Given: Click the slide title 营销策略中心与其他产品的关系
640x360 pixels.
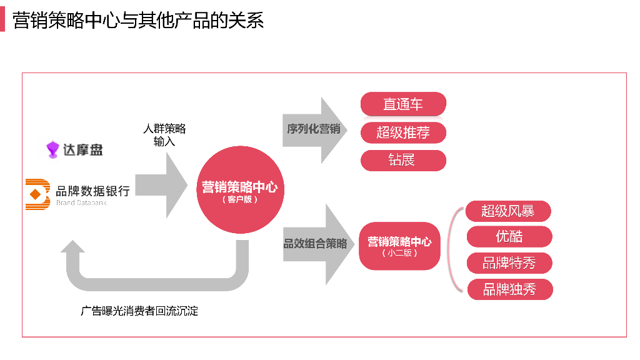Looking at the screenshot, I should point(138,20).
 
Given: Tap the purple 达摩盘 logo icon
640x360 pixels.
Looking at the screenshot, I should point(52,149).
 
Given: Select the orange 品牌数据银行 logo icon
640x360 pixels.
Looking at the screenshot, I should point(37,194).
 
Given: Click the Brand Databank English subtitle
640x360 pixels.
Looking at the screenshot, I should point(82,202).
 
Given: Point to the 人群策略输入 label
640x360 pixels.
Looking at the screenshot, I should point(164,135).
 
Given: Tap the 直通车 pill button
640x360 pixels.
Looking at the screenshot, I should point(403,104).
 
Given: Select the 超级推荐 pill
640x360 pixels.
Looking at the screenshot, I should point(403,132).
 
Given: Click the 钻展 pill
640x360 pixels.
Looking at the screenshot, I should point(403,160).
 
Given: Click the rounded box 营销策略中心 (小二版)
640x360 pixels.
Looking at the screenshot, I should point(399,246).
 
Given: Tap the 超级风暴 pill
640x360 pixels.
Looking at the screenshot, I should point(508,211).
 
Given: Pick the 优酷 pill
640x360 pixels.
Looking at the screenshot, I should point(509,237).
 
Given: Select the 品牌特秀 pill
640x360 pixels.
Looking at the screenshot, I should point(509,263).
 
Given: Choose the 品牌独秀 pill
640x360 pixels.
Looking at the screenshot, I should point(510,289).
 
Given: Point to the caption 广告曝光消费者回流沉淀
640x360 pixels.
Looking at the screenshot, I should point(139,311).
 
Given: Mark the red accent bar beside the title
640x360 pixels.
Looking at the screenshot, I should point(2,19).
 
